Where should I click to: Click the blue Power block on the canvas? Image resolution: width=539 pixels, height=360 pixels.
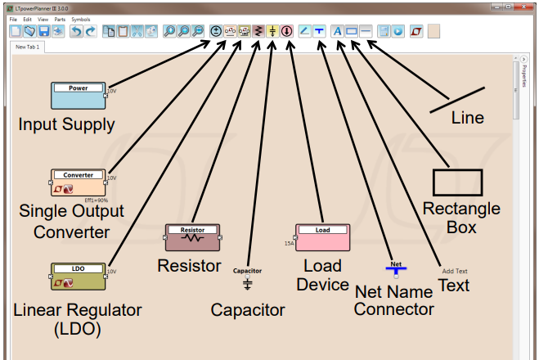pos(79,95)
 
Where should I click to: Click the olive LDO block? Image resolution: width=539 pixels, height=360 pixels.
pos(79,277)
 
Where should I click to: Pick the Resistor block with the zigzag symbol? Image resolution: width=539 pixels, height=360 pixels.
pos(193,237)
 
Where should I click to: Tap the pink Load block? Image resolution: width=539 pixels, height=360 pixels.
pos(323,237)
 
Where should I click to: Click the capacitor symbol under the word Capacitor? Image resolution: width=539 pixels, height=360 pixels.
pos(247,284)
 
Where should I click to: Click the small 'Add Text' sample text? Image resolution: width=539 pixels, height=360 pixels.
pos(455,271)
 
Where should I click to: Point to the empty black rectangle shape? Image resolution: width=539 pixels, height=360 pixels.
pos(457,182)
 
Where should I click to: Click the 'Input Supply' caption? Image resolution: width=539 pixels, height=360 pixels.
pos(66,124)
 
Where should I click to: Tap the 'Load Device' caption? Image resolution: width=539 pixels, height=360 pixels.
pos(322,276)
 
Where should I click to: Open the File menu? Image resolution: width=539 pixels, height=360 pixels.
pos(12,18)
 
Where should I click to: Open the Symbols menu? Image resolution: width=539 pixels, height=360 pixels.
pos(81,18)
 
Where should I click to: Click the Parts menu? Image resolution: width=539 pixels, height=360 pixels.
pos(60,18)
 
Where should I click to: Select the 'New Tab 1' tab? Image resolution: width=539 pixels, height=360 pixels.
pos(29,47)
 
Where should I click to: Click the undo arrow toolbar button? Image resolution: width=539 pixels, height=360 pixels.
pos(75,31)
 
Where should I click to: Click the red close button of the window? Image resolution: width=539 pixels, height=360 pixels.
pos(523,6)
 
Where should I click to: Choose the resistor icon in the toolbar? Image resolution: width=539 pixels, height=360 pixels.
pos(258,31)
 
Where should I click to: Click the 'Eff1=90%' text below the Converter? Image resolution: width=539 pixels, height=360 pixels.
pos(97,199)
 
